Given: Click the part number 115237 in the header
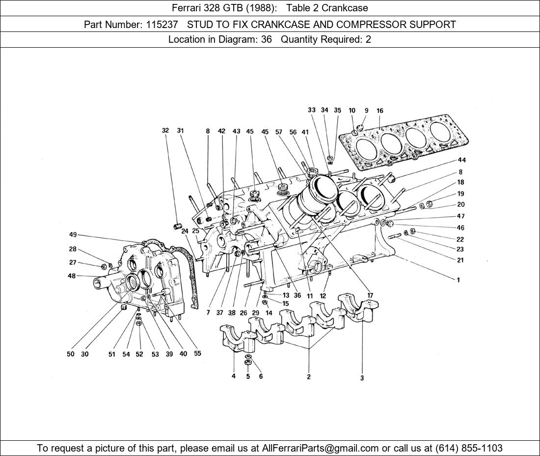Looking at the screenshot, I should coord(162,24).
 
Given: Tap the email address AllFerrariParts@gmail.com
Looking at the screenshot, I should coord(321,448).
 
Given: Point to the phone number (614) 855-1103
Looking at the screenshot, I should coord(469,448).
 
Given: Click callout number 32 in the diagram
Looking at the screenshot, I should coord(165,131).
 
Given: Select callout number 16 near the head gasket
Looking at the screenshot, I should coord(380,111).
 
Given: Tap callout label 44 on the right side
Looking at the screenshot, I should coord(461,160).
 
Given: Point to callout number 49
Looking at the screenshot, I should coord(73,235).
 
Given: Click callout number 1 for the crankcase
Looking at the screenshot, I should coord(458,280).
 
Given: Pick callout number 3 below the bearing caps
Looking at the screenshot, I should coord(362,378).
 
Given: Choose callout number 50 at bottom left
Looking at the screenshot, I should coord(71,354).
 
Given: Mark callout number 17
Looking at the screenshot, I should coord(370,295).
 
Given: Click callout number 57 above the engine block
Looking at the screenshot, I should coord(279,132).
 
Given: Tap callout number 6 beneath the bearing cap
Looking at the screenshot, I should coord(261,376).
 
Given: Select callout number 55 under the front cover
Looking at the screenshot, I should coord(197,353).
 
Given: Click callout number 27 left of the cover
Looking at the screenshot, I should coord(73,262).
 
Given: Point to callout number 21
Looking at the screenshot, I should coord(460,260).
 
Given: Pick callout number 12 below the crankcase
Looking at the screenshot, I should coord(323,296).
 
